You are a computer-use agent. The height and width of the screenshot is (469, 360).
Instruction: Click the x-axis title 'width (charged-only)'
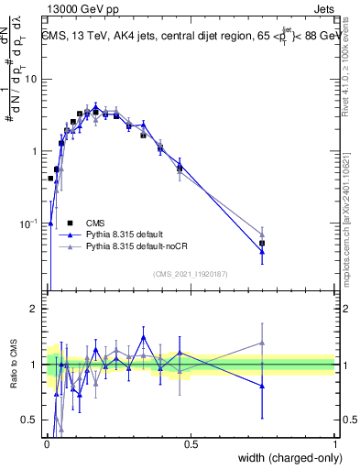click(x=285, y=458)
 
